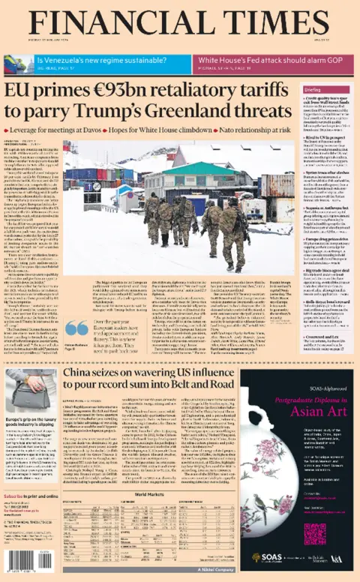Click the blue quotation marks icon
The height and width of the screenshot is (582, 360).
click(x=76, y=328)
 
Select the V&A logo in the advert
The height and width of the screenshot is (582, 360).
click(x=340, y=557)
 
